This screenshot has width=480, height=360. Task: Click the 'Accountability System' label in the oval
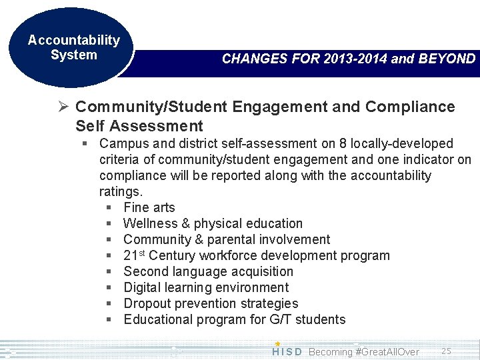tap(73, 47)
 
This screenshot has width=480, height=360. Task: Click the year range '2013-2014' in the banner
tap(354, 59)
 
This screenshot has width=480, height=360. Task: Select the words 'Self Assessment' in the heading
tap(139, 125)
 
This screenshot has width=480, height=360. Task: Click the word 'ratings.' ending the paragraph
tap(121, 191)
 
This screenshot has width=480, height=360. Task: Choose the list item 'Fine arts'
tap(149, 207)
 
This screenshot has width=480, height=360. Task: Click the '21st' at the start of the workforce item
tap(135, 255)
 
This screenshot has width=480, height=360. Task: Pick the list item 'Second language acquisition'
tap(208, 271)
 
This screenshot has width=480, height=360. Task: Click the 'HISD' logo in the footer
tap(287, 351)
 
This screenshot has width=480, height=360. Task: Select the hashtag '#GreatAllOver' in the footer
tap(388, 351)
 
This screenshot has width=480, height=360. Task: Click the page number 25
tap(447, 350)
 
